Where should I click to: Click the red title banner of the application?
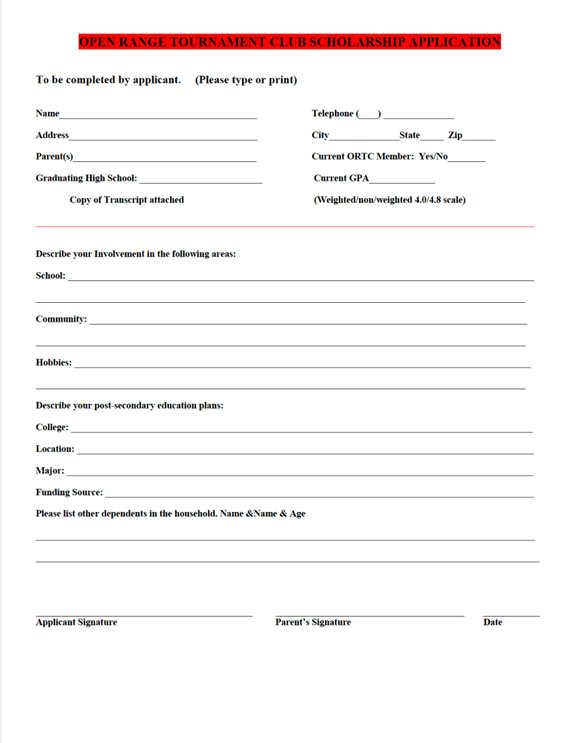tap(289, 42)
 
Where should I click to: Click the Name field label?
tap(47, 113)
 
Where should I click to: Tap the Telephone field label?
tap(333, 113)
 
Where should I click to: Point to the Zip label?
tap(455, 135)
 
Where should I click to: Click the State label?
tap(409, 135)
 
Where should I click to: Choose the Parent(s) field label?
tap(55, 157)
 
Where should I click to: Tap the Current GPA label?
tap(342, 178)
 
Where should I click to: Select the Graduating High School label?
tap(87, 178)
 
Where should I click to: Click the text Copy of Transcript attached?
tap(126, 200)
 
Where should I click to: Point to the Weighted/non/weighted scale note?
tap(390, 200)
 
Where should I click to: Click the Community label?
tap(61, 320)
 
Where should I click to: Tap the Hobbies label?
tap(54, 362)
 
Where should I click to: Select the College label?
tap(52, 428)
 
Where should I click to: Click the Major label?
tap(50, 471)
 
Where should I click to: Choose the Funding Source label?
tap(69, 492)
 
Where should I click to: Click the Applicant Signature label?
tap(76, 622)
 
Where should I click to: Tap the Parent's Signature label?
tap(313, 622)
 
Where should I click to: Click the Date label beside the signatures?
tap(493, 622)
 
